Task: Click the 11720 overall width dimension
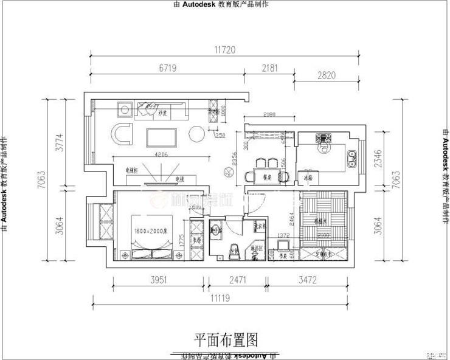224,50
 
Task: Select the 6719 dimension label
167,69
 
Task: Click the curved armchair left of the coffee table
123,133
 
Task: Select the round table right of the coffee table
196,133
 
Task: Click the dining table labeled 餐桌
266,176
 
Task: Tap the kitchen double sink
351,159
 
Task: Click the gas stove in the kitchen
323,142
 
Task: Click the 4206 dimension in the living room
160,154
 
